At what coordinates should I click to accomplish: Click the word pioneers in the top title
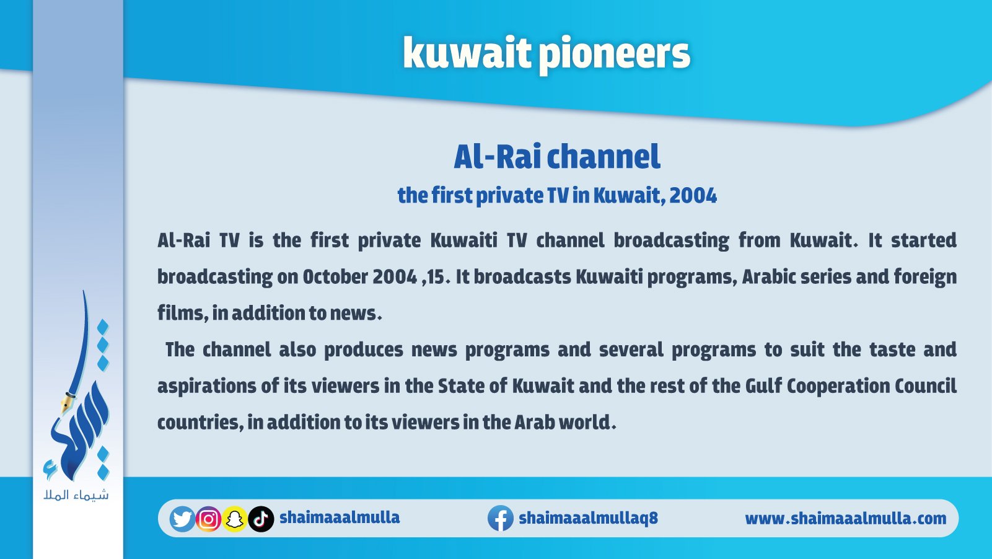[x=615, y=55]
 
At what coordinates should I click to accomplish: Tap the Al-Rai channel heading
[x=557, y=157]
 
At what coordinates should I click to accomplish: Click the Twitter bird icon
[x=182, y=519]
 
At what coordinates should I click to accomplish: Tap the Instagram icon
[x=208, y=519]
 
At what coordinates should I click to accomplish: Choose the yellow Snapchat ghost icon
[x=234, y=519]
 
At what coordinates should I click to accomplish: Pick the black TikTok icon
[x=261, y=519]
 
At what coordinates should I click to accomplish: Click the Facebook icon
[x=501, y=518]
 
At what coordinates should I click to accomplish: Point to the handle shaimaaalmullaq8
[x=589, y=518]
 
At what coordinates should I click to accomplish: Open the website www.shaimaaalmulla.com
[x=846, y=518]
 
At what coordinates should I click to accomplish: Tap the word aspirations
[x=207, y=386]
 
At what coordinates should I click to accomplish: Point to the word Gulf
[x=763, y=386]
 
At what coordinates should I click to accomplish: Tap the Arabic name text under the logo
[x=76, y=495]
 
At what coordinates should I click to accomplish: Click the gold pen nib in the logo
[x=68, y=402]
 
